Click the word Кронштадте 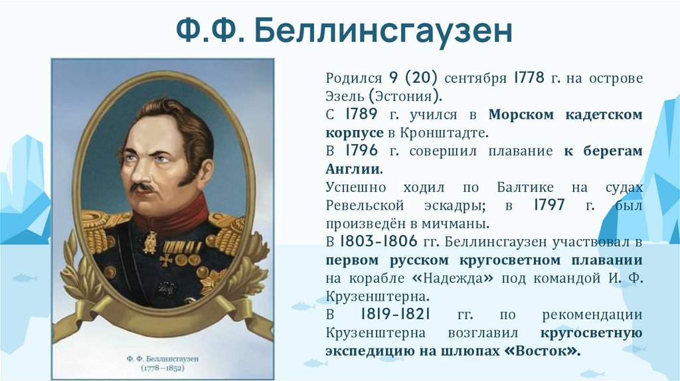point(454,133)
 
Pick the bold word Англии point(354,169)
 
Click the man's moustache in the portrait point(144,187)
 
